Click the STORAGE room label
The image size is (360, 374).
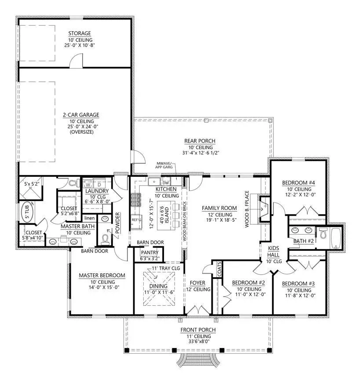80,33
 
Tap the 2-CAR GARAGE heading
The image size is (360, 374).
81,115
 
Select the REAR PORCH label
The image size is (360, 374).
200,141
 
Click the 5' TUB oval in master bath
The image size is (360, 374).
27,212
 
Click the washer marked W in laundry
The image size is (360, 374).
88,184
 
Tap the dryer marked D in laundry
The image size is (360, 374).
99,184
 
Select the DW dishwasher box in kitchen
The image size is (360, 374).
166,183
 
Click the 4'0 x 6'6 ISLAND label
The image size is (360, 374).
164,215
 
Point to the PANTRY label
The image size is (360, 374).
149,253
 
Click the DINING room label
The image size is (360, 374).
158,286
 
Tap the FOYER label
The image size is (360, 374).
197,283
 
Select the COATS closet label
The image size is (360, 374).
219,269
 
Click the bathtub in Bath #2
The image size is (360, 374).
336,238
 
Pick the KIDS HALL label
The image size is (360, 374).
273,251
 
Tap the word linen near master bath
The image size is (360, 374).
90,218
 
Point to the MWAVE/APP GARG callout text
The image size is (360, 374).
164,165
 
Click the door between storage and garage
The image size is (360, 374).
76,60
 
